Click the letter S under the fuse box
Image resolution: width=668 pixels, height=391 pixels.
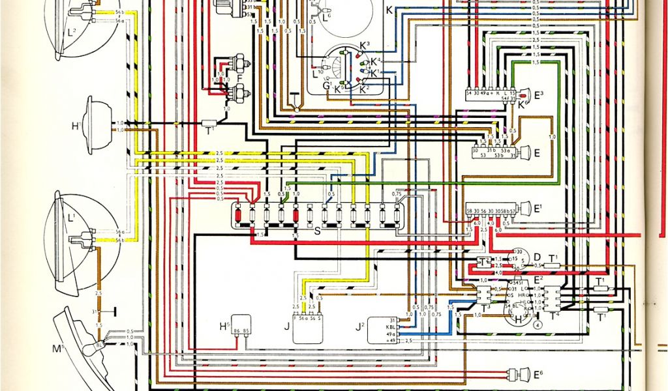[x=318, y=232]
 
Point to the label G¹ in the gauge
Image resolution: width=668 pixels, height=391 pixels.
[x=326, y=85]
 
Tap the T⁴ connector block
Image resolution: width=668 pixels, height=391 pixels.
[x=553, y=300]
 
